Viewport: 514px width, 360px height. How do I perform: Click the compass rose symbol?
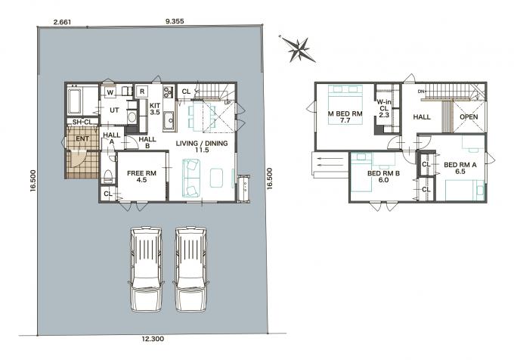point(299,49)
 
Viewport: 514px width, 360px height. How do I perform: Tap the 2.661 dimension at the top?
point(62,22)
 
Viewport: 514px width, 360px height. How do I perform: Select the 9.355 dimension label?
point(175,21)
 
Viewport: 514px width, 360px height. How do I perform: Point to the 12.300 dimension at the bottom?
point(153,339)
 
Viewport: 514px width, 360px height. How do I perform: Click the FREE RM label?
point(141,173)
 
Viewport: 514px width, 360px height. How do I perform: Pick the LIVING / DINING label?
point(202,143)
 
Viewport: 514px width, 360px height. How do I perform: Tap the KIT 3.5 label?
point(155,109)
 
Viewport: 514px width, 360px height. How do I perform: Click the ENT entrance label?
point(82,138)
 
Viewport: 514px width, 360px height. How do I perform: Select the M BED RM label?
point(345,113)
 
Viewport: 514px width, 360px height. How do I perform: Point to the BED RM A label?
point(460,165)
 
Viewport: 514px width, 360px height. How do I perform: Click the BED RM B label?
point(383,173)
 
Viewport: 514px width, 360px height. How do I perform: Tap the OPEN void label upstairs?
point(469,116)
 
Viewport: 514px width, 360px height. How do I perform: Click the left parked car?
point(146,269)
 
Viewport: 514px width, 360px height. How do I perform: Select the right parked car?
point(190,269)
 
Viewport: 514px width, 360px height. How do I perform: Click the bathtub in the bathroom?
point(74,101)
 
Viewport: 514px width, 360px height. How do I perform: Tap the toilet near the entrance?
point(108,176)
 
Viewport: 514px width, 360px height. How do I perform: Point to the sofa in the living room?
point(191,178)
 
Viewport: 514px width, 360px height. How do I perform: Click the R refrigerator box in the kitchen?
point(142,92)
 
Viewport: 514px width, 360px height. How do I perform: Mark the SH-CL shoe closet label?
point(82,122)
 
